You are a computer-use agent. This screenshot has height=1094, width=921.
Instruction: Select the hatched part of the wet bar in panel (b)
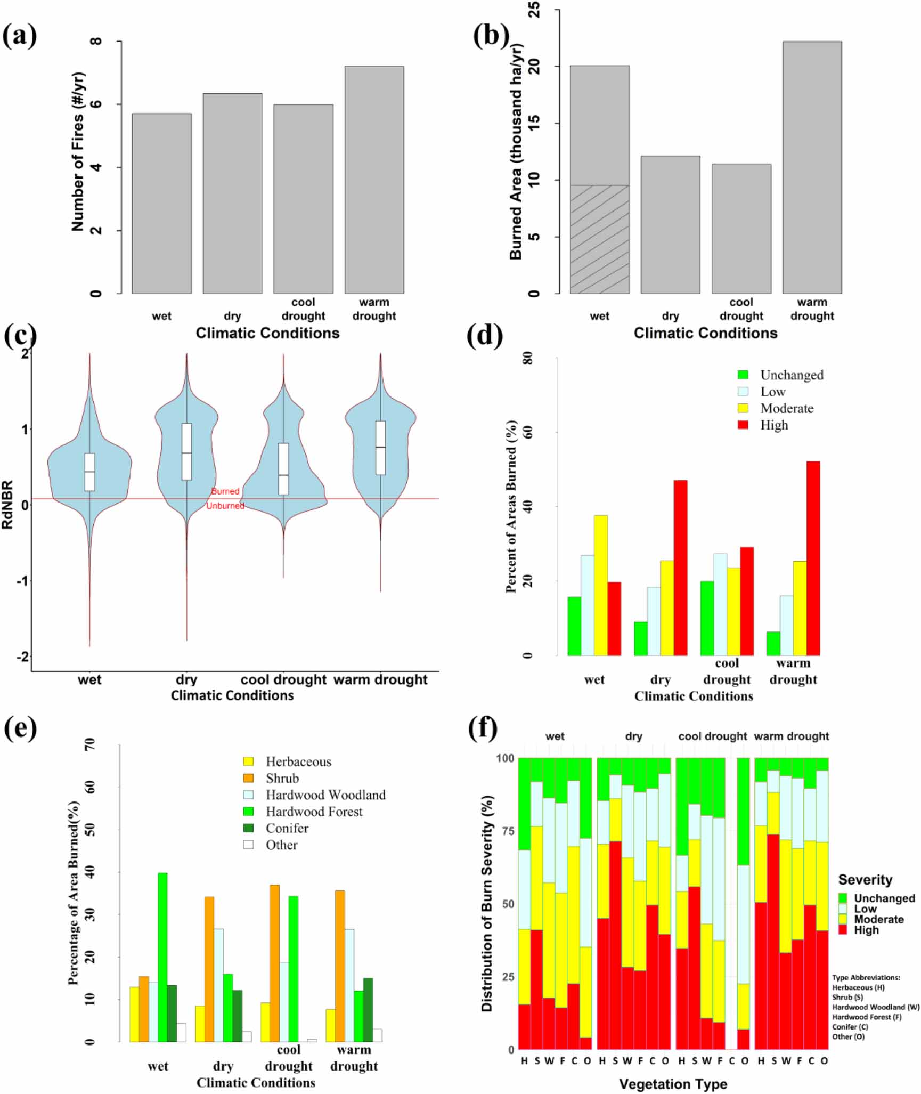(599, 239)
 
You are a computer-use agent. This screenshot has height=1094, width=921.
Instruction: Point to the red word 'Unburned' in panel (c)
(225, 506)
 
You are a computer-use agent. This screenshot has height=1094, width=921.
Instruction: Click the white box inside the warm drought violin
(380, 448)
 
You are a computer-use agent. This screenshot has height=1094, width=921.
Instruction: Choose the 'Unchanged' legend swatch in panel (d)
(743, 375)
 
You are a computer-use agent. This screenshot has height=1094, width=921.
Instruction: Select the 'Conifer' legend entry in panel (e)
(287, 828)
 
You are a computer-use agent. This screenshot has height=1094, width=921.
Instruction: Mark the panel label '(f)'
(483, 728)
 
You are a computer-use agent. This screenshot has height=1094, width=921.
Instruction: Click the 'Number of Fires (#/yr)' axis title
(78, 152)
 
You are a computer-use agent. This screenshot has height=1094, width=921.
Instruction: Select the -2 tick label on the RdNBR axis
(23, 657)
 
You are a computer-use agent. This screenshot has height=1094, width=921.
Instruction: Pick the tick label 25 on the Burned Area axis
(533, 10)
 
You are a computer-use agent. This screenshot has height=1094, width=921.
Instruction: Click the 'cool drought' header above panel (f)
(712, 736)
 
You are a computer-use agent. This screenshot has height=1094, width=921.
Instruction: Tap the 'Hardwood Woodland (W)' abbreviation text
(875, 1007)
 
